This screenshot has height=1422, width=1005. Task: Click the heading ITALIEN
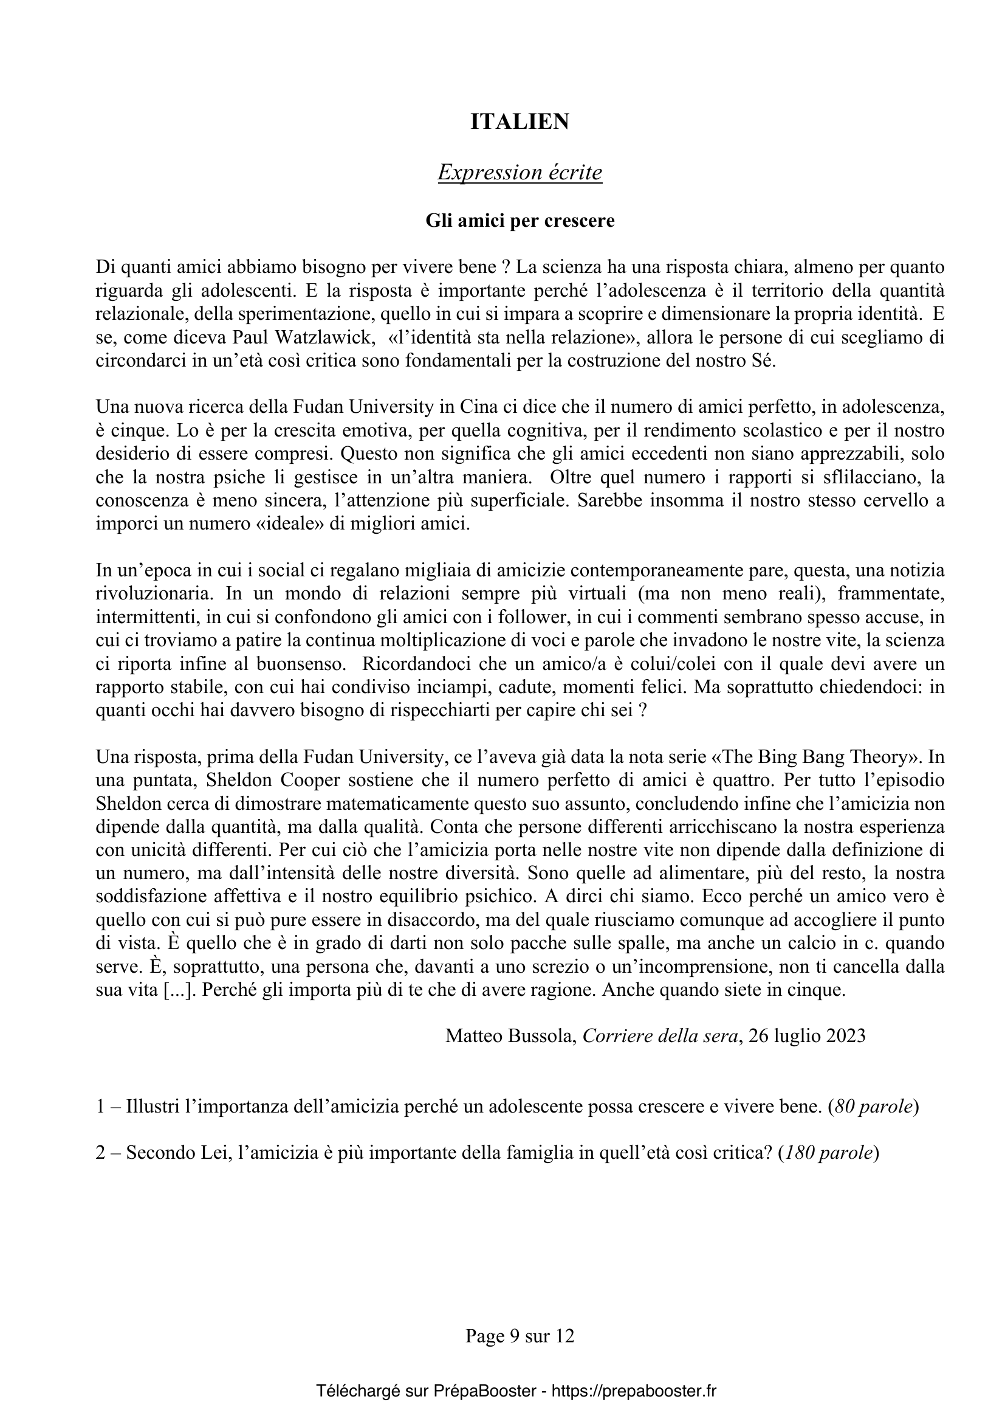tap(520, 122)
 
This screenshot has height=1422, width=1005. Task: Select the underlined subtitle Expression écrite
tap(520, 172)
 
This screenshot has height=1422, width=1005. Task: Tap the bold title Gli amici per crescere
tap(520, 221)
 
